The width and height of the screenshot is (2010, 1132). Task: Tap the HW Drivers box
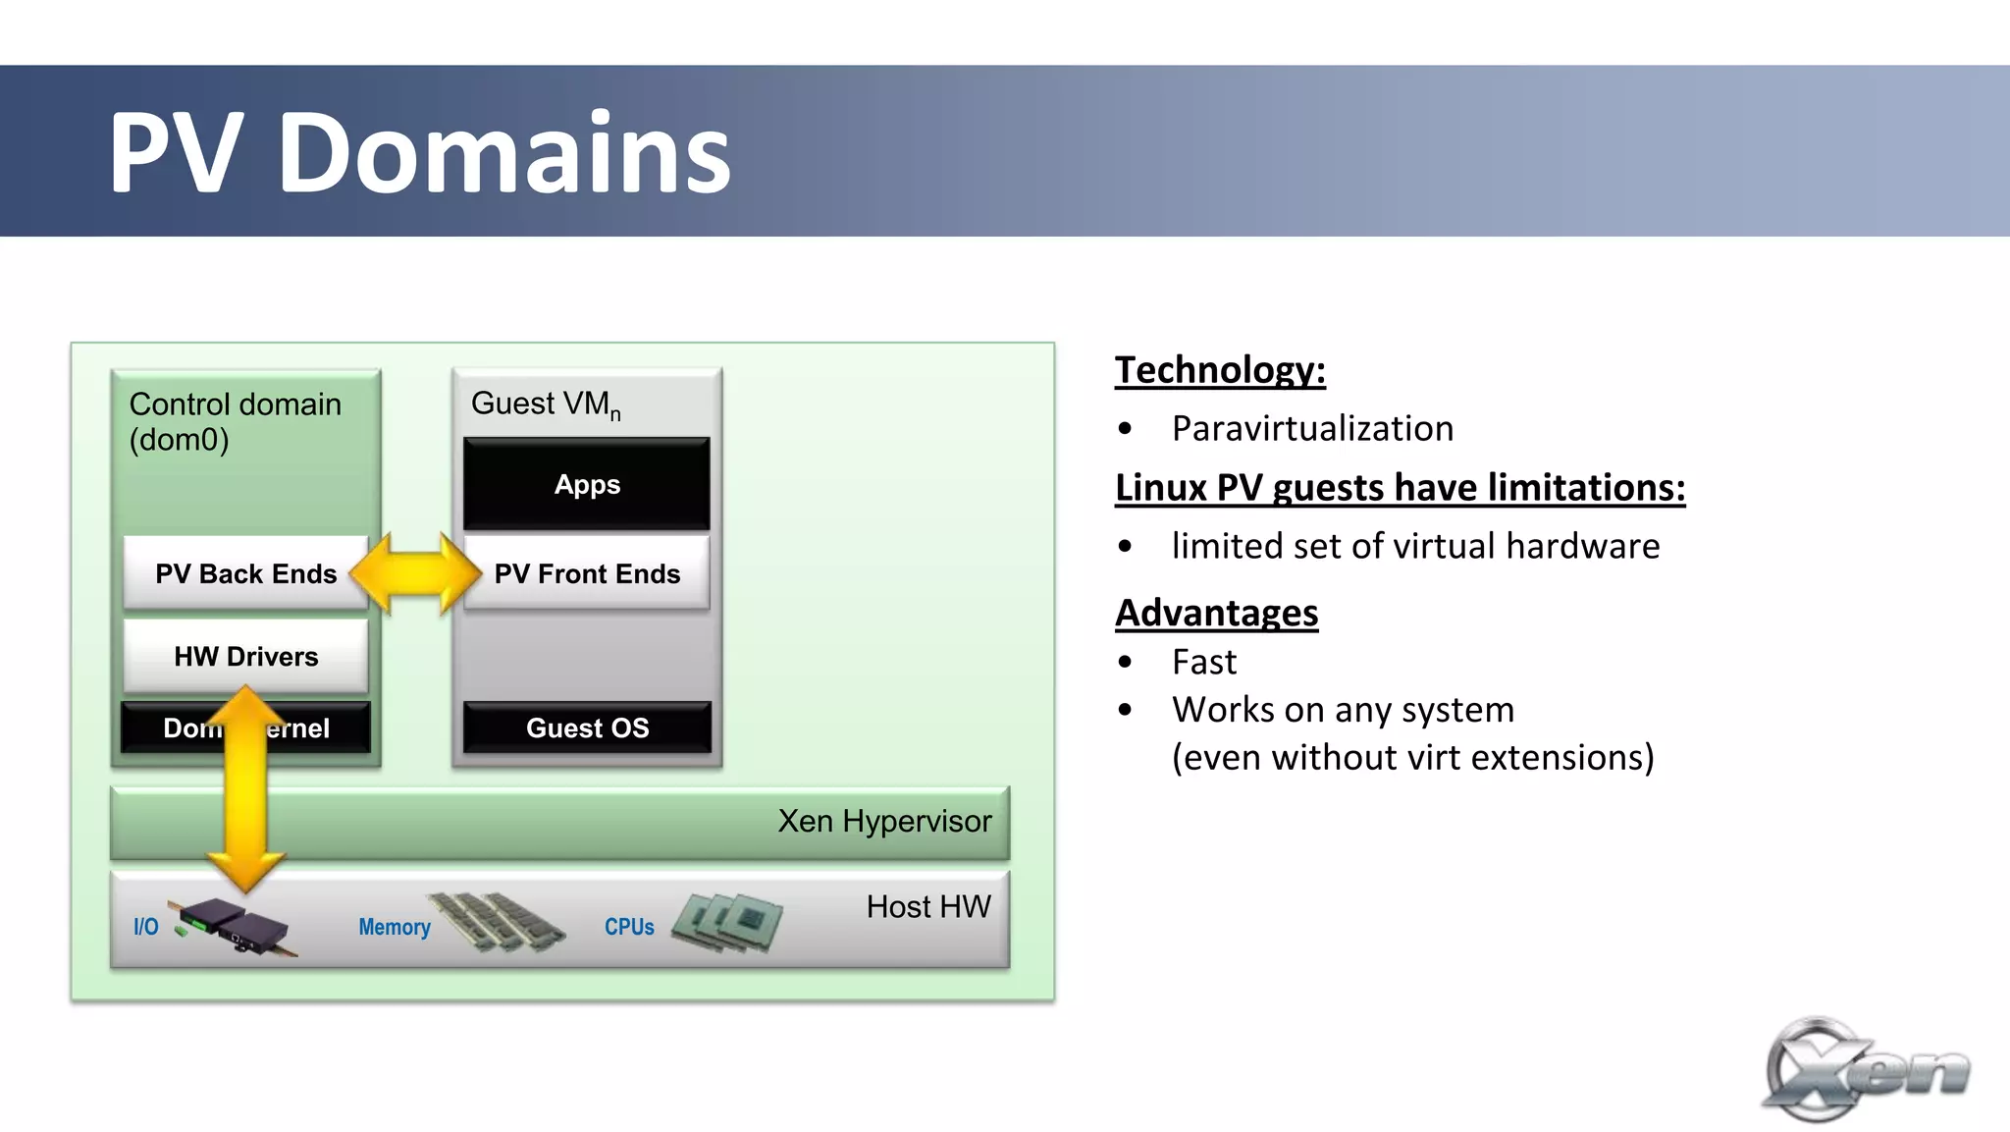[245, 656]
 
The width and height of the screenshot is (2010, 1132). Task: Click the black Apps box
[587, 484]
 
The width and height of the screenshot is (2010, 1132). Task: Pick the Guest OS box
[587, 728]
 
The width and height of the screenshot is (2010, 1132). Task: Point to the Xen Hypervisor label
[884, 821]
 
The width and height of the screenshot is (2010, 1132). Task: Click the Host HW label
[928, 906]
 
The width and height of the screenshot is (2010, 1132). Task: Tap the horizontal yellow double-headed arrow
[416, 573]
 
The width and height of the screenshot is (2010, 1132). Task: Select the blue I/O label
[145, 927]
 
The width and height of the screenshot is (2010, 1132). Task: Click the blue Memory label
[395, 927]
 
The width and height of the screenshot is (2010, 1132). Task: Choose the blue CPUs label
[629, 927]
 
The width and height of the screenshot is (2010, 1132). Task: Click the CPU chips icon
[727, 922]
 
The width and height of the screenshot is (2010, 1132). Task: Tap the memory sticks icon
[497, 922]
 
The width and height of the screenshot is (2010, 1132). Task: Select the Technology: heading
[1220, 370]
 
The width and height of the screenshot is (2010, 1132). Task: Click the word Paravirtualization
[1312, 429]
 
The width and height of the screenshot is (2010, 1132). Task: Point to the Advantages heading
[1216, 613]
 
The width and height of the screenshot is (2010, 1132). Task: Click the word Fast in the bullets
[1204, 662]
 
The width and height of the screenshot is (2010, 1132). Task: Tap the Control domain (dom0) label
[235, 421]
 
